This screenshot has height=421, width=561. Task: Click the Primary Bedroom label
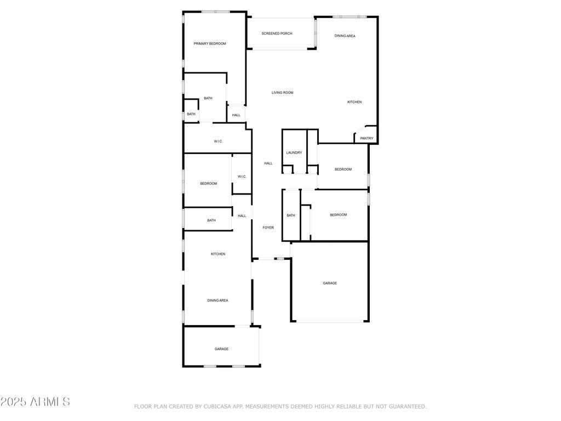tap(210, 44)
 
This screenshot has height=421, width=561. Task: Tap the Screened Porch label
tap(277, 33)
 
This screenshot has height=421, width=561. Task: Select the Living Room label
tap(282, 93)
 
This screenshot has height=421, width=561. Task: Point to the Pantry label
tap(367, 139)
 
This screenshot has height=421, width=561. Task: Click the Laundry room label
tap(294, 153)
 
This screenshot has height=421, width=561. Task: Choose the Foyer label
tap(268, 227)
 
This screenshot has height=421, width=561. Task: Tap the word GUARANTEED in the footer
tap(407, 407)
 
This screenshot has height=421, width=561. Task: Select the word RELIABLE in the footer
tap(336, 407)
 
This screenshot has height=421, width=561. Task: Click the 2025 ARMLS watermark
tap(35, 402)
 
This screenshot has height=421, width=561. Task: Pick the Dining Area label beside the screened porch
tap(345, 36)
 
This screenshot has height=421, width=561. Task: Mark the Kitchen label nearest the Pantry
tap(354, 103)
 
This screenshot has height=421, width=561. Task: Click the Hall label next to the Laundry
tap(268, 163)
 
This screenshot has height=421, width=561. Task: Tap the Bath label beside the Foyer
tap(291, 215)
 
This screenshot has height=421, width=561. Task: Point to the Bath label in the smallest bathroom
tap(191, 114)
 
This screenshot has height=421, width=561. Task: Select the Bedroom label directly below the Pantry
tap(343, 169)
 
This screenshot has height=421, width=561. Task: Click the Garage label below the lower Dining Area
tap(221, 349)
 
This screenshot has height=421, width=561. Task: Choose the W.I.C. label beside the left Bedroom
tap(242, 177)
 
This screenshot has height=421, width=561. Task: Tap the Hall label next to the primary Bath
tap(236, 115)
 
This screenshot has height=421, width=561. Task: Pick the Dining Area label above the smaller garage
tap(217, 301)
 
